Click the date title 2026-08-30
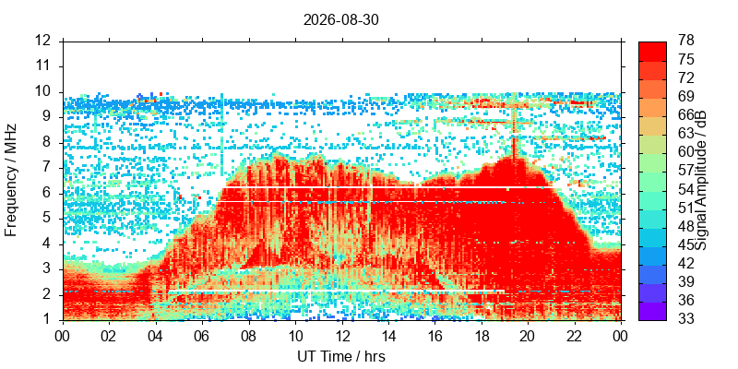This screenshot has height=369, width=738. point(340,20)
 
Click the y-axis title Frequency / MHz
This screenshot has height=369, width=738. point(11,180)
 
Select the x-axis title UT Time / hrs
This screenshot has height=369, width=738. point(341,356)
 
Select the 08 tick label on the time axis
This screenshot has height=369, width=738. point(249,337)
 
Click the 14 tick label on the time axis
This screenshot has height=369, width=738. point(388,337)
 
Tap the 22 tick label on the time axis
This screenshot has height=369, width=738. point(575,337)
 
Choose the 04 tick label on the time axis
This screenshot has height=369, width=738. point(156,337)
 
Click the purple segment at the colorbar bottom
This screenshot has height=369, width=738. point(652,311)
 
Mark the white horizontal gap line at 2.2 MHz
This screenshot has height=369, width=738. point(336,292)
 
